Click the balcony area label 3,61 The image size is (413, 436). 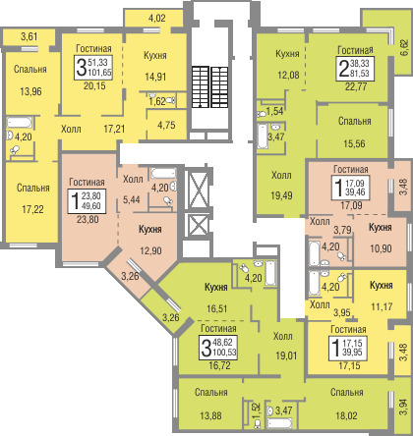[29, 36]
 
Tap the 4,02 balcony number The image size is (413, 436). [157, 18]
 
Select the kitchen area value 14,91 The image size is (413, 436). [155, 77]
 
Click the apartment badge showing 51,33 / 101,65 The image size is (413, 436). [93, 68]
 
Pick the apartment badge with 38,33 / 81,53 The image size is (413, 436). [355, 69]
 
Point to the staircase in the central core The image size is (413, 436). [209, 86]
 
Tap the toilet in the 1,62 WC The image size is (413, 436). [171, 100]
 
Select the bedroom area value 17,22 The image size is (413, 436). [32, 209]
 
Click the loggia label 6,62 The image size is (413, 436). [404, 48]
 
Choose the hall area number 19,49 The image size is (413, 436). [281, 195]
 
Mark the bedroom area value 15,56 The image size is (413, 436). [354, 143]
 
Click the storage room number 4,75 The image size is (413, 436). [166, 125]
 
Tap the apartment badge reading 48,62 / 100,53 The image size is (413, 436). [218, 348]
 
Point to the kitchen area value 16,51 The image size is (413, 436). [217, 308]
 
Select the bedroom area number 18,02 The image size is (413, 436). [346, 415]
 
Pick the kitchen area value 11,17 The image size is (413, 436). [382, 306]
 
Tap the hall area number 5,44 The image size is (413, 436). [132, 199]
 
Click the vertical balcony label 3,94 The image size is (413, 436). [403, 407]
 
